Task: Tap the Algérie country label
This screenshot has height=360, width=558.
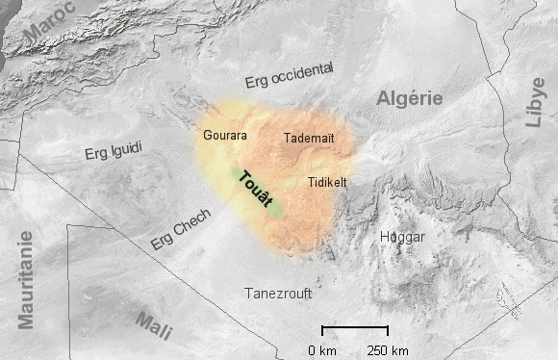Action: click(409, 98)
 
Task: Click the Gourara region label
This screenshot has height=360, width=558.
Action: click(225, 136)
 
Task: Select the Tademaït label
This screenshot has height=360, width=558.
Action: click(309, 139)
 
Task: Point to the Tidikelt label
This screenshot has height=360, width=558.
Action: click(327, 181)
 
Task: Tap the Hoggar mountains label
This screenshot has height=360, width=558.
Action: click(402, 236)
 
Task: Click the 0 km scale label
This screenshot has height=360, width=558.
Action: click(321, 349)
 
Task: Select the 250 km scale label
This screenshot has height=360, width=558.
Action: click(388, 349)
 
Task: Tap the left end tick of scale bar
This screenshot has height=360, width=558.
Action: click(322, 329)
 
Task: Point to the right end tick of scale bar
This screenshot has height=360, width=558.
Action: click(387, 329)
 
